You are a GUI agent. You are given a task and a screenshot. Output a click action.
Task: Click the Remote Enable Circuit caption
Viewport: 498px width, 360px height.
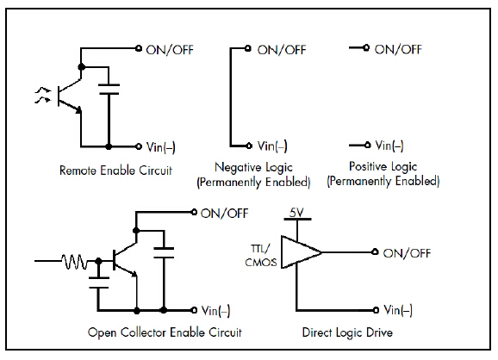[115, 171]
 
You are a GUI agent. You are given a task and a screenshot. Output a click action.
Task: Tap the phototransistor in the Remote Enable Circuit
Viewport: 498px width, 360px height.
[69, 96]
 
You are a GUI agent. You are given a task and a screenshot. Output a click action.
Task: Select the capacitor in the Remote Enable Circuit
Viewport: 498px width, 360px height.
[109, 90]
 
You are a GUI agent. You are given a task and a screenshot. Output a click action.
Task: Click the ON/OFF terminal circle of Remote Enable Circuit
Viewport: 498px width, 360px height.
[139, 48]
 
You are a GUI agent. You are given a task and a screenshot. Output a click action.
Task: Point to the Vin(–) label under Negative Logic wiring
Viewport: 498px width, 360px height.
[272, 146]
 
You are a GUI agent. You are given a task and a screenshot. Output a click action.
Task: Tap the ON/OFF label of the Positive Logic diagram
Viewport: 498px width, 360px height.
[398, 49]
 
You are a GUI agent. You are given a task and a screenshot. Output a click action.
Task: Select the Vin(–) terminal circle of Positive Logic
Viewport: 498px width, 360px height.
[367, 145]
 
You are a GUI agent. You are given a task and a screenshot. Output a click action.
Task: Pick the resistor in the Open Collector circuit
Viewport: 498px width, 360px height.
[74, 261]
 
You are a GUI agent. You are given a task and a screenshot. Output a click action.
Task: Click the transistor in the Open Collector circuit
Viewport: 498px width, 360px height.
[125, 260]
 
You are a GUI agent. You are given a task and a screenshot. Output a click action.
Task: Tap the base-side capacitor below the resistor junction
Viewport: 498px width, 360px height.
[99, 282]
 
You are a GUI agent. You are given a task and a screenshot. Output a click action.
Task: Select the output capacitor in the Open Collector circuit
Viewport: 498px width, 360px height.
[164, 252]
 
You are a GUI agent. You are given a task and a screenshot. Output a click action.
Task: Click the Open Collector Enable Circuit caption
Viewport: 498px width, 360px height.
[165, 332]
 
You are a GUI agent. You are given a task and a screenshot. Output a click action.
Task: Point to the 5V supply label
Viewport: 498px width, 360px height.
[296, 213]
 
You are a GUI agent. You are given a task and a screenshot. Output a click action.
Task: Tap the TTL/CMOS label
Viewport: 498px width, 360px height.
[261, 256]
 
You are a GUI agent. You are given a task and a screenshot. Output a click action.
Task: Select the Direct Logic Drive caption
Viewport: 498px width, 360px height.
[347, 332]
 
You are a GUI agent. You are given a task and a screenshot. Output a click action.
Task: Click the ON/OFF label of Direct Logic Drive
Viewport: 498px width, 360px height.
[407, 253]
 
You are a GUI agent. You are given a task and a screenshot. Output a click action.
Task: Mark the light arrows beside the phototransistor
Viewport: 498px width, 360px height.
[43, 96]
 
